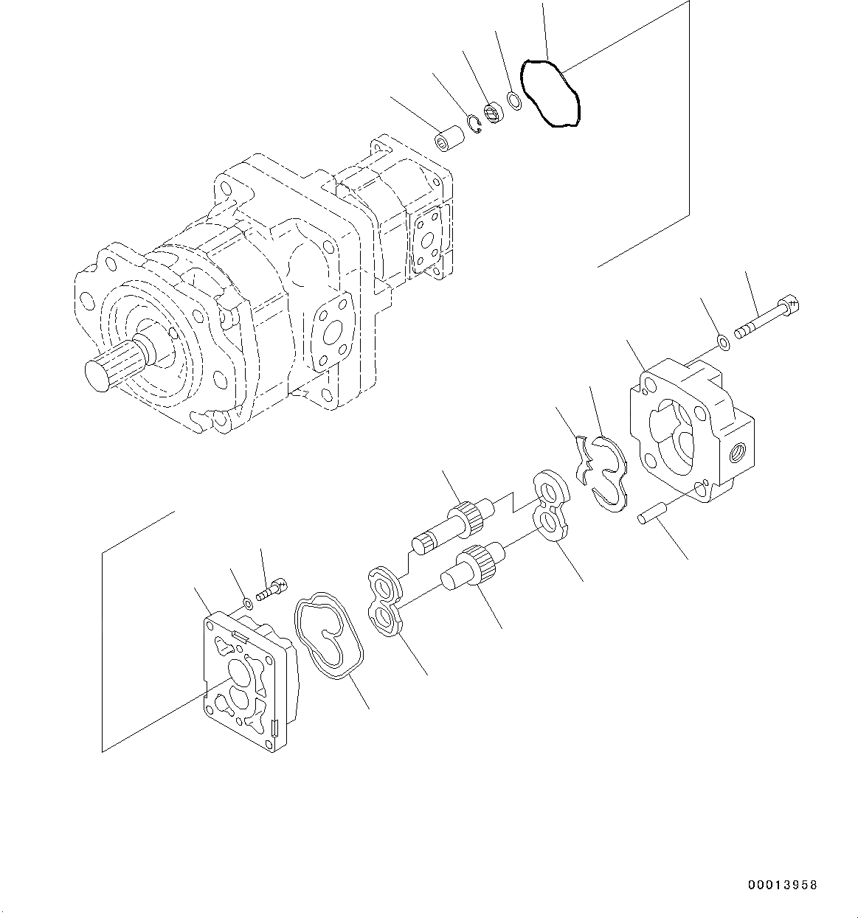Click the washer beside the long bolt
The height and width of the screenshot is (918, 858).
pos(723,342)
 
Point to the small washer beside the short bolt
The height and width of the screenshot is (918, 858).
pos(248,604)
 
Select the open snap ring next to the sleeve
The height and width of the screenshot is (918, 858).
pos(474,125)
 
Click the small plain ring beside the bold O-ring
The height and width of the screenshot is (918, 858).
pos(515,101)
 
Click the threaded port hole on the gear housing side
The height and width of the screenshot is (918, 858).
pos(737,449)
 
